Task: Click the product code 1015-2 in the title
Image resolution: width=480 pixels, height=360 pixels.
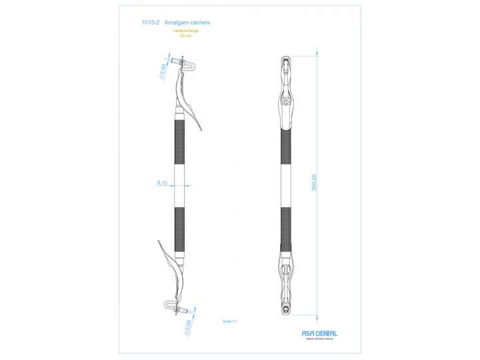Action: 149,23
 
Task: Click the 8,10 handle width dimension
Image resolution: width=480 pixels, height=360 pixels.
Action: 162,182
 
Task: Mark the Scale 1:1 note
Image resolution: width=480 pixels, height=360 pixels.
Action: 230,321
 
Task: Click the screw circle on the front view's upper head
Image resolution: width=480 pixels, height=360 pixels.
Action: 286,102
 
